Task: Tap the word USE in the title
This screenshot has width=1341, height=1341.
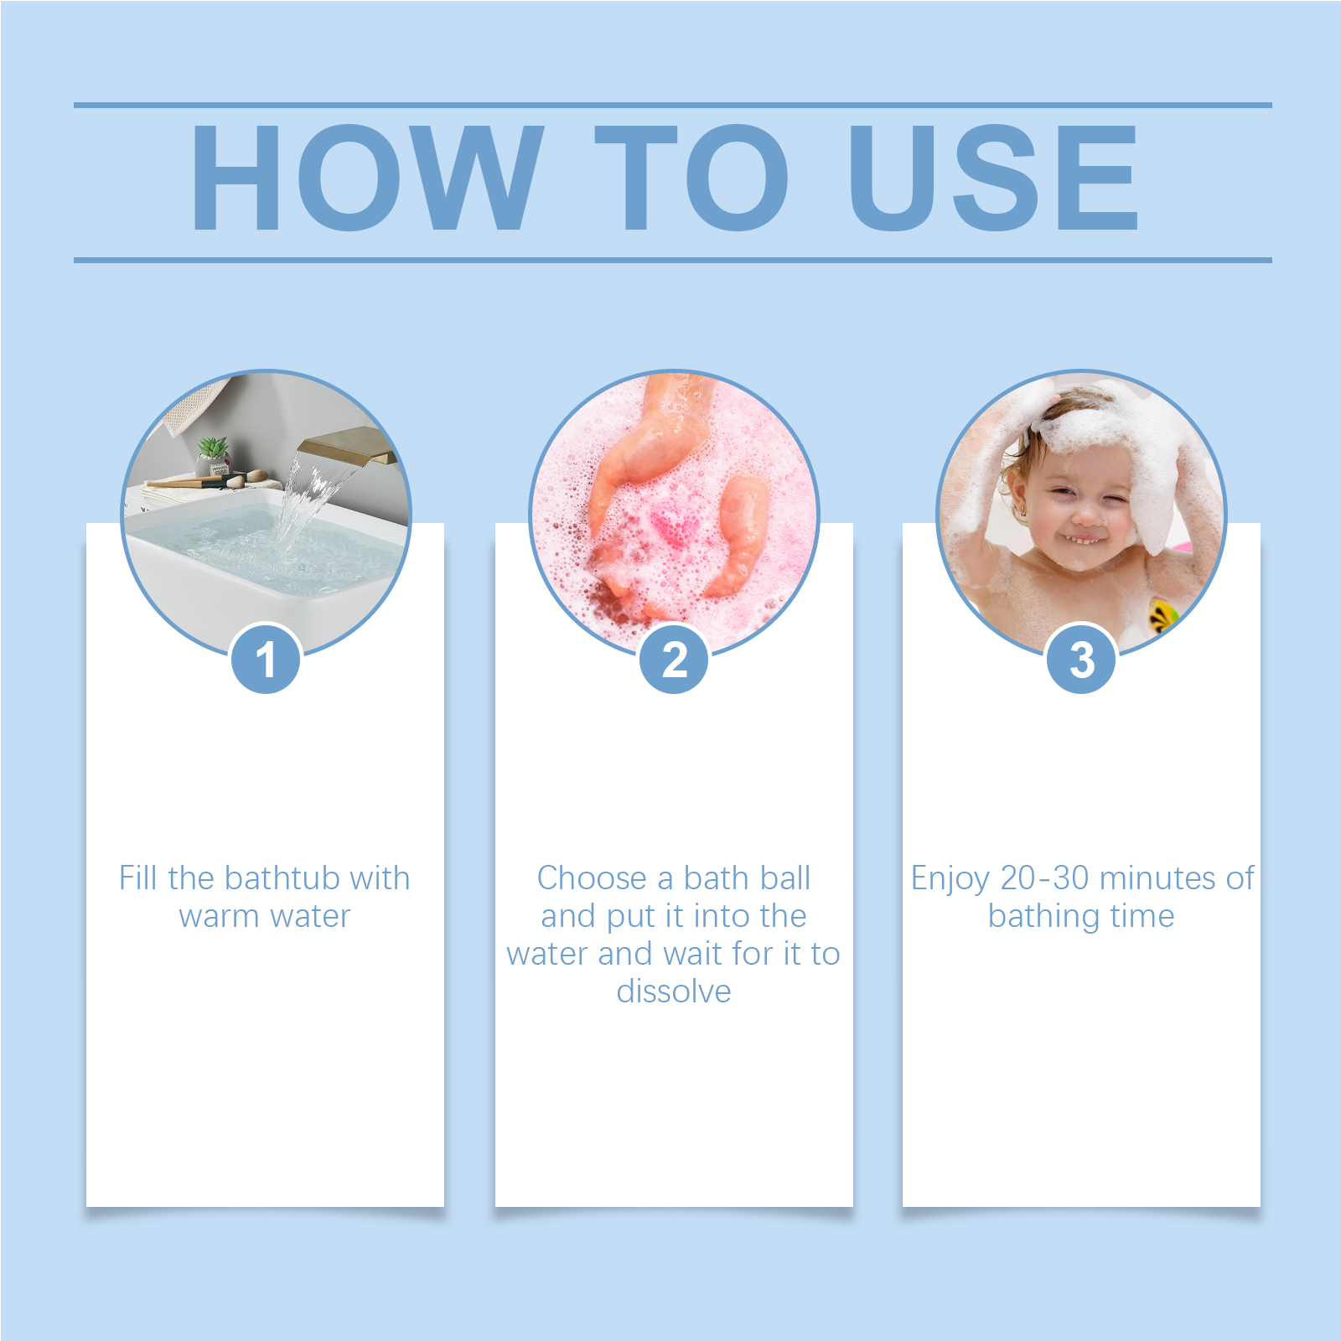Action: [993, 177]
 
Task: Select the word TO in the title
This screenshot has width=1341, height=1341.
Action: [691, 177]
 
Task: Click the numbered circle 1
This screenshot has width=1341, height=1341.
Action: [266, 659]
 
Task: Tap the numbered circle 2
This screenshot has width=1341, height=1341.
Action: [674, 659]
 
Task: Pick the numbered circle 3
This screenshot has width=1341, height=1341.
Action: [1081, 659]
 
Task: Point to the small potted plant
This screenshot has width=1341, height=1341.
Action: [213, 457]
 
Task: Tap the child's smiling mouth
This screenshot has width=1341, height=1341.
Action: [1081, 538]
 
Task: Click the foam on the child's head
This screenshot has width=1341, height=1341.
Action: [1098, 419]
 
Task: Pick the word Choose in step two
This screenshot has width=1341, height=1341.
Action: [592, 878]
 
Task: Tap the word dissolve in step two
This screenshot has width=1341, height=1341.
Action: [674, 992]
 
